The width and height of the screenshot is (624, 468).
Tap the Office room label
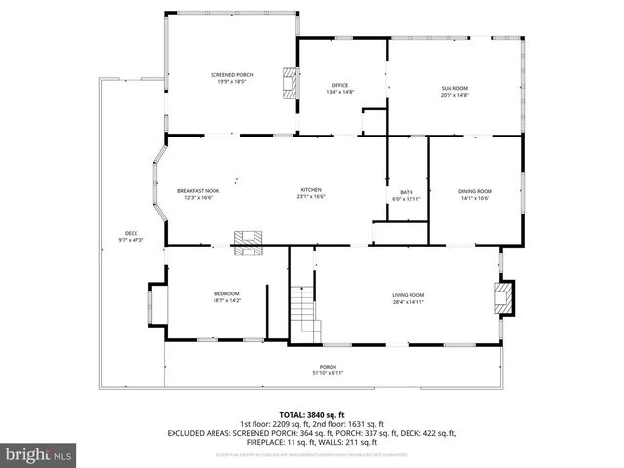point(339,86)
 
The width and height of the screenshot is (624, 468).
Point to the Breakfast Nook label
point(198,190)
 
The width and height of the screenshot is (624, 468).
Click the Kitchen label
point(311,190)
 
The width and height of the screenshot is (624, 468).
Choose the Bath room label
point(406,192)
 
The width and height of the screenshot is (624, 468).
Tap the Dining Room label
point(475,191)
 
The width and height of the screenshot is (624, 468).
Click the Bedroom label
point(226,294)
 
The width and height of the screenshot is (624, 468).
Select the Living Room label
point(409,295)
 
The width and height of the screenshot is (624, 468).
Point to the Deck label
point(131,233)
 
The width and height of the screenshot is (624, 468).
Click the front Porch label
point(328,367)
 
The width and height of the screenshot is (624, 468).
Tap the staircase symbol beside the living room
point(305,312)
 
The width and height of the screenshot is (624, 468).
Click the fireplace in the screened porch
point(289,83)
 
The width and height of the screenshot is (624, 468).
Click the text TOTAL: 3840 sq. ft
point(311,415)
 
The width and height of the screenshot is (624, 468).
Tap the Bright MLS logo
point(39,454)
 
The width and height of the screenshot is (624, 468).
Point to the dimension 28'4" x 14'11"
point(409,302)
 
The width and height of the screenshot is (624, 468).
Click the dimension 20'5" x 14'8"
point(454,95)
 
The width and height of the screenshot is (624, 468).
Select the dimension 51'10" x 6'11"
point(328,373)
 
